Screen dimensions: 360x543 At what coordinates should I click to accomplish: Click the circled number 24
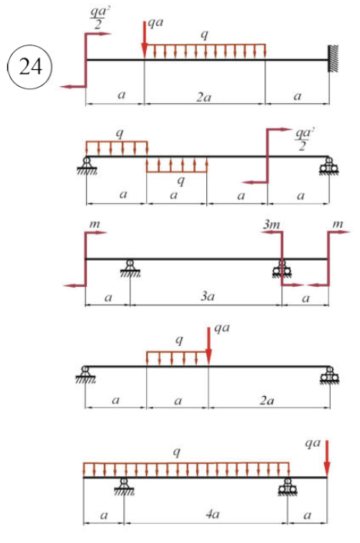pos(30,67)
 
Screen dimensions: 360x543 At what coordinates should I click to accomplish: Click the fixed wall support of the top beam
pos(333,59)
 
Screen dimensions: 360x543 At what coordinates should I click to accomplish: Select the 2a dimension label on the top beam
pos(204,98)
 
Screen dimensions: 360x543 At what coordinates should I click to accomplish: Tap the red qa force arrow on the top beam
pos(145,39)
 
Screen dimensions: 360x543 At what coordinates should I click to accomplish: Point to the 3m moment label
pos(272,225)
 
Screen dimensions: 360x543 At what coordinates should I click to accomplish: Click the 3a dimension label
pos(208,296)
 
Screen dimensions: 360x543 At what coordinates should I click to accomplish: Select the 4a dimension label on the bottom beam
pos(212,514)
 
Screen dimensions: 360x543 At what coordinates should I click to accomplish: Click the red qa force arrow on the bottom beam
pos(326,458)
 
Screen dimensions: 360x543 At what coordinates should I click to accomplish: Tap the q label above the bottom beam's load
pos(177,452)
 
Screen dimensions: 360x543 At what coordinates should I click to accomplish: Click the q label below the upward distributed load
pos(181,181)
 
